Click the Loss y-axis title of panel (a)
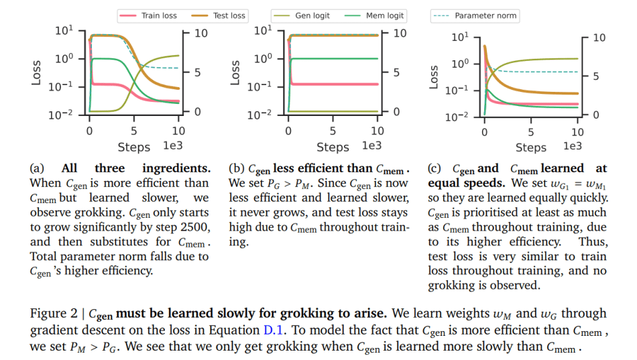click(x=38, y=72)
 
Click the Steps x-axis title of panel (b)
click(x=333, y=147)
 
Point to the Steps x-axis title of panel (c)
click(x=531, y=147)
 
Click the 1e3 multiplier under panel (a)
click(x=176, y=145)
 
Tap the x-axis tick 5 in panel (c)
click(x=531, y=132)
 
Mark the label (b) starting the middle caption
click(x=236, y=168)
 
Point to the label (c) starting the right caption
click(x=436, y=168)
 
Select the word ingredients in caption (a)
click(x=176, y=168)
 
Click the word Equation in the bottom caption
click(x=236, y=330)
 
